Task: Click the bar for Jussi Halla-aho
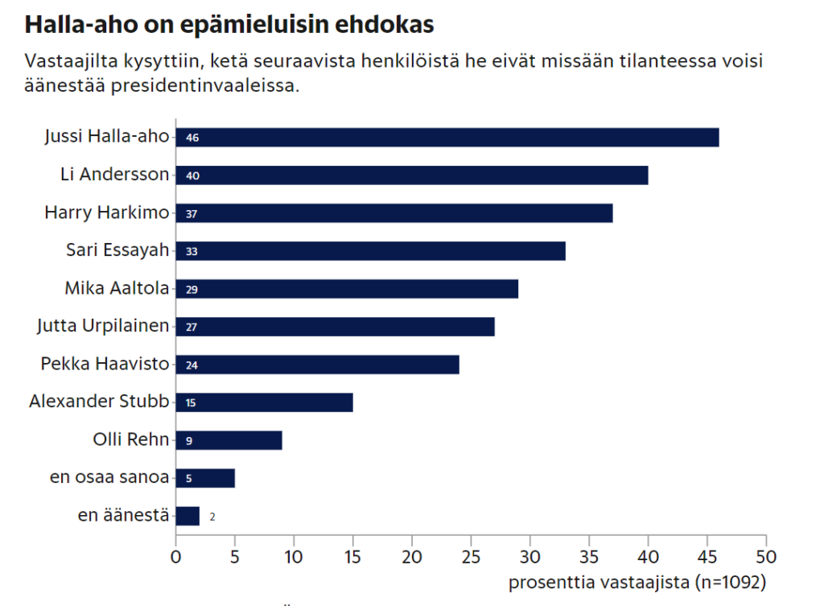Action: (x=447, y=138)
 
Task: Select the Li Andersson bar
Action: (x=412, y=175)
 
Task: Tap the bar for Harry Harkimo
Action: (x=394, y=213)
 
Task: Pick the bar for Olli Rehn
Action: (x=229, y=441)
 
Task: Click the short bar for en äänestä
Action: (x=187, y=517)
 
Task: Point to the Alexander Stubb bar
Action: (x=264, y=402)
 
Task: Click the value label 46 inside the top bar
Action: (x=192, y=138)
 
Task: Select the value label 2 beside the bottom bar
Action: (x=212, y=517)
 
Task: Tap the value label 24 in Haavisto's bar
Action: (x=192, y=365)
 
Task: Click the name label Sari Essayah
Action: (x=117, y=250)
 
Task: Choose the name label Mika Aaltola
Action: (x=117, y=288)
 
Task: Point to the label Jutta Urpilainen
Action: (x=104, y=326)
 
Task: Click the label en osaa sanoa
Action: (x=109, y=478)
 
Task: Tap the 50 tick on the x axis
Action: (x=766, y=556)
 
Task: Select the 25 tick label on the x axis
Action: (x=471, y=556)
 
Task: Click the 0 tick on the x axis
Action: (x=175, y=556)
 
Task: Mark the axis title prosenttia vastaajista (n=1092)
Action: (x=637, y=581)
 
